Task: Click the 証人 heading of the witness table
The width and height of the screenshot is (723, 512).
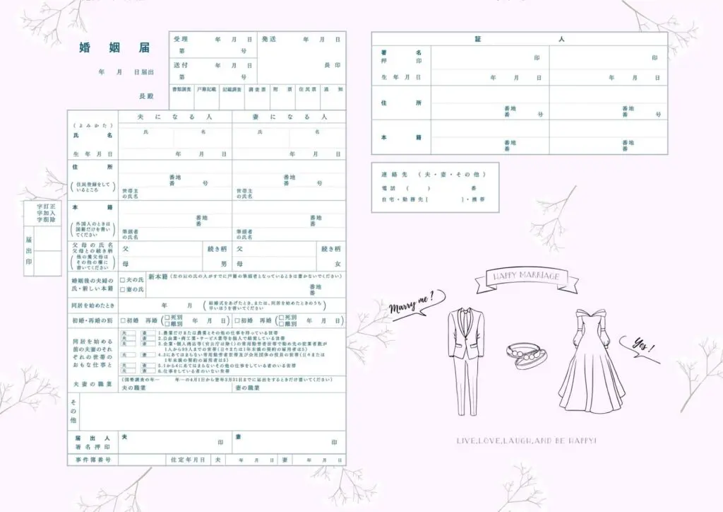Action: pyautogui.click(x=519, y=39)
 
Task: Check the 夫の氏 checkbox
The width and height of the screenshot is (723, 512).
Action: pyautogui.click(x=123, y=279)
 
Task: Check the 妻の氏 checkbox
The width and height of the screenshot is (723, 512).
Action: pyautogui.click(x=123, y=289)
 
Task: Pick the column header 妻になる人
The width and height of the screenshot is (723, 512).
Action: pyautogui.click(x=289, y=116)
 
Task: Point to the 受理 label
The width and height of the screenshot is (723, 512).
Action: pyautogui.click(x=181, y=40)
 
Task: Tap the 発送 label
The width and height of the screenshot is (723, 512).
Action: pyautogui.click(x=269, y=40)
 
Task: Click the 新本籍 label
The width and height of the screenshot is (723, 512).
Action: pyautogui.click(x=159, y=276)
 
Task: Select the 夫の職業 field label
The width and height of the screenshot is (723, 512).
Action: pyautogui.click(x=134, y=388)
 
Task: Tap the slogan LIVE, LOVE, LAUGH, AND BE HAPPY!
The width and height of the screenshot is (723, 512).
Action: pyautogui.click(x=527, y=441)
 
